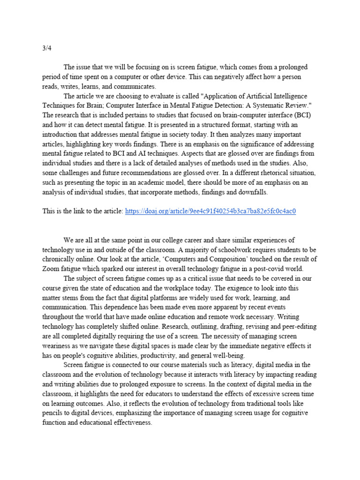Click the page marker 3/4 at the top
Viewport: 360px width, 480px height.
(x=46, y=47)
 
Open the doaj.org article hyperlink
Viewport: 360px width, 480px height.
(x=210, y=211)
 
